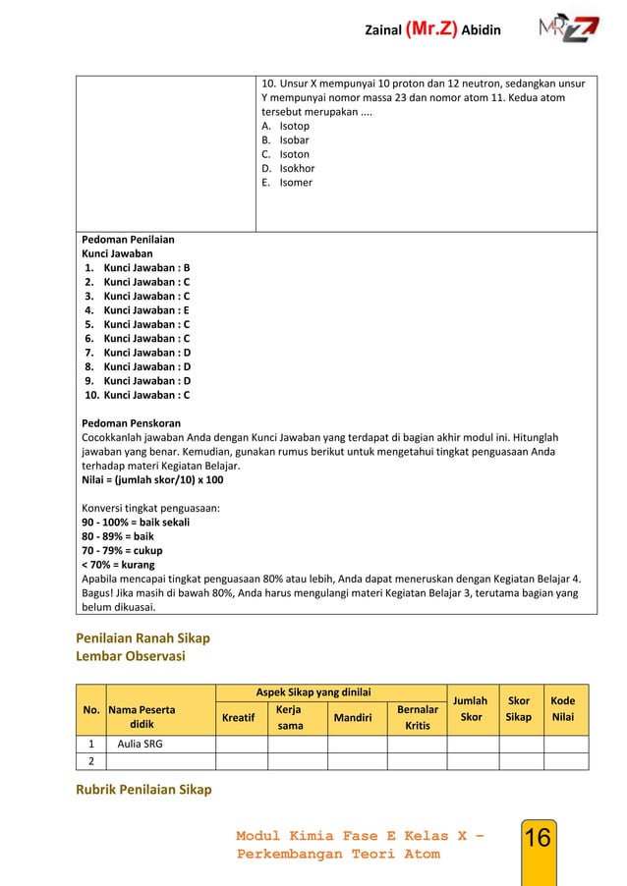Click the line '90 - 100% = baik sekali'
pyautogui.click(x=136, y=523)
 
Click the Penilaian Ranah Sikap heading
pyautogui.click(x=144, y=638)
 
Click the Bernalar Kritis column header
pyautogui.click(x=417, y=716)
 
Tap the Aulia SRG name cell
pyautogui.click(x=142, y=745)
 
